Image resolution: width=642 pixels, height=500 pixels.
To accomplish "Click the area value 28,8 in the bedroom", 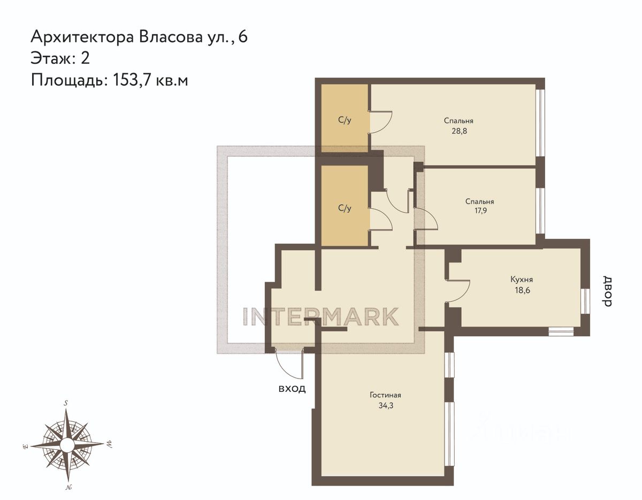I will coord(458,131).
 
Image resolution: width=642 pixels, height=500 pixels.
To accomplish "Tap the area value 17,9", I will coord(479,211).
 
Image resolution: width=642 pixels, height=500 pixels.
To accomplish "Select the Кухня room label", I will coord(521,279).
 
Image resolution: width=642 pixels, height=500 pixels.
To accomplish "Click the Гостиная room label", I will coord(385,395).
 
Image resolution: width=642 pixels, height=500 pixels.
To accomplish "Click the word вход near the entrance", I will coord(292,388).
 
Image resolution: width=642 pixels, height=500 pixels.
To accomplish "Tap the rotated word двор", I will coord(607,291).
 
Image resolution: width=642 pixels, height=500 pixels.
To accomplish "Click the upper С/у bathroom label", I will coord(345,120).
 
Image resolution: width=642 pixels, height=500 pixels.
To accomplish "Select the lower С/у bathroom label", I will coord(345,208).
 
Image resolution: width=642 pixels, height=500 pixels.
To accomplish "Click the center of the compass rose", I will coord(67,445).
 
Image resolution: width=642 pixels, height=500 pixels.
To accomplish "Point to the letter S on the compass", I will coord(66,403).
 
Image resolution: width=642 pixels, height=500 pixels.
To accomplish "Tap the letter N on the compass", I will coord(68,487).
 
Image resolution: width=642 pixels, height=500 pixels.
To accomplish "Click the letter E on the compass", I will coord(25,445).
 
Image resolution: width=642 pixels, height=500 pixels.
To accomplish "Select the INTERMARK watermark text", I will coord(320,316).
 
